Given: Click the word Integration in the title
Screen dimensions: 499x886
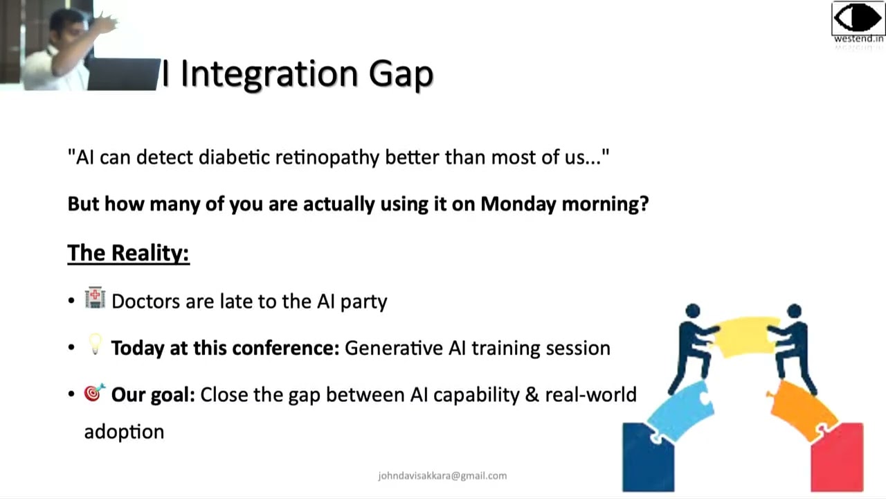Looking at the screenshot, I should (269, 74).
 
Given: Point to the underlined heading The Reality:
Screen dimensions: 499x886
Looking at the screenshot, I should (128, 253).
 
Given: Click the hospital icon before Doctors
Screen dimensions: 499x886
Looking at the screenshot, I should (95, 299).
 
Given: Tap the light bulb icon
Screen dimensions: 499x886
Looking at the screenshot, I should (95, 344).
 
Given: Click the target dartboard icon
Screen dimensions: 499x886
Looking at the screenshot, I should (94, 393).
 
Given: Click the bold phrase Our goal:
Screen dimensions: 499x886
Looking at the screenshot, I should (153, 394).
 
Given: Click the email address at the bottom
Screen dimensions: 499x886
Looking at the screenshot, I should (442, 475).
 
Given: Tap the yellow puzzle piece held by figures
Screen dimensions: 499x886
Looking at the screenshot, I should (743, 335).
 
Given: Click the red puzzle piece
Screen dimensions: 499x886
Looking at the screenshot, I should (839, 457).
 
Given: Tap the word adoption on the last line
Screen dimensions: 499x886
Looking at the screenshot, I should (124, 432).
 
